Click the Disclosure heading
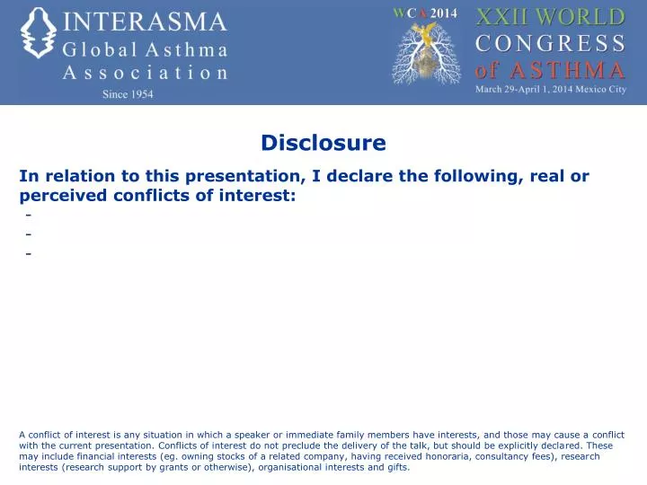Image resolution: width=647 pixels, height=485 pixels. click(323, 143)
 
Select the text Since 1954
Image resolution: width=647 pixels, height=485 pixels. click(127, 94)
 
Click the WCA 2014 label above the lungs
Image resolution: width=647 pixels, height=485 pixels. click(425, 13)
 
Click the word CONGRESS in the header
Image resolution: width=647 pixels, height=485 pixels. click(549, 43)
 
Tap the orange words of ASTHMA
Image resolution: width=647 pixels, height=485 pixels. click(549, 69)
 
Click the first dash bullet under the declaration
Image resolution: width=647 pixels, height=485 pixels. click(30, 216)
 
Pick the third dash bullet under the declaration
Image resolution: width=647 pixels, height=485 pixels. click(30, 253)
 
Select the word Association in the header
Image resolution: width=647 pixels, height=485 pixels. click(144, 74)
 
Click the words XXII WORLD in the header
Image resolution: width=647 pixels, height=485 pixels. click(549, 17)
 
